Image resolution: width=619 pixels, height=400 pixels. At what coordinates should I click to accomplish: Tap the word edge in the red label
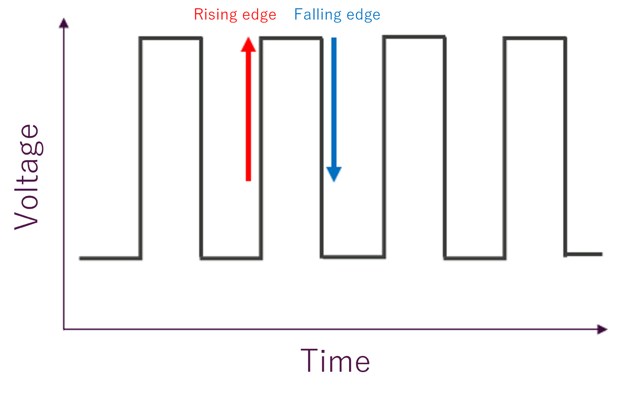(x=259, y=15)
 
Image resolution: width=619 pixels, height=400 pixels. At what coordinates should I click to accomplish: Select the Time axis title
(x=335, y=361)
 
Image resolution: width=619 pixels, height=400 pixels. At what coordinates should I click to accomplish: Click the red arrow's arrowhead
(x=248, y=45)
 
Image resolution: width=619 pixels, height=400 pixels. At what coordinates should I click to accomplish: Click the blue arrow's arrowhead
(x=334, y=174)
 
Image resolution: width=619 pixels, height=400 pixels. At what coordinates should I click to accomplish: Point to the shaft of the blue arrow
(x=334, y=102)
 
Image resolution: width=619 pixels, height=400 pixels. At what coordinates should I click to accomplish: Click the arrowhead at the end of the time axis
(x=602, y=329)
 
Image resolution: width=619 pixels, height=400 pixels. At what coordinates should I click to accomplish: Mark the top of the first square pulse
(x=171, y=38)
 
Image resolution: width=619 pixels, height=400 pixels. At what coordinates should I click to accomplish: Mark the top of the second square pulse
(x=291, y=38)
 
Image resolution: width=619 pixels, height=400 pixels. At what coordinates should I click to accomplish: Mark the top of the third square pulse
(x=414, y=37)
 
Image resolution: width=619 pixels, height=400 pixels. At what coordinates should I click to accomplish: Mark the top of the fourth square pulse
(x=535, y=38)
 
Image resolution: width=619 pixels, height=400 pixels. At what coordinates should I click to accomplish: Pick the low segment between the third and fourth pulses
(x=475, y=258)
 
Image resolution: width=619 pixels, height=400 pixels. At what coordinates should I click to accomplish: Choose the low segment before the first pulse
(x=110, y=258)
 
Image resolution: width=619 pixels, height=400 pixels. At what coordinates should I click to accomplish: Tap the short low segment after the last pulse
(x=584, y=254)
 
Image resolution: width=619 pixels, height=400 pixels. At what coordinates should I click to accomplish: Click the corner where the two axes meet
(x=64, y=329)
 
